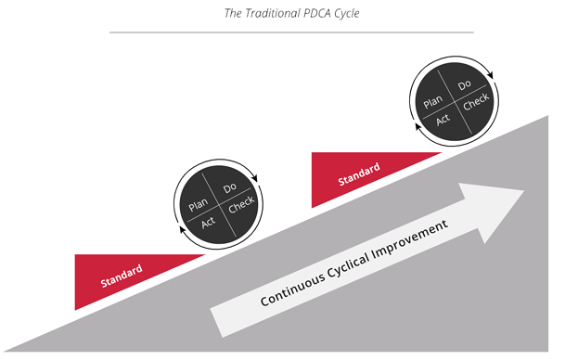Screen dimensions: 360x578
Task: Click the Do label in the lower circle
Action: click(x=230, y=188)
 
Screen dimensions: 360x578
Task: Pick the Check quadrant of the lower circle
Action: click(x=240, y=206)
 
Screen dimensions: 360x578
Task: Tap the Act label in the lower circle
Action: click(x=208, y=224)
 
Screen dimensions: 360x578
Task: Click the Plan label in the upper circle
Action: click(x=432, y=104)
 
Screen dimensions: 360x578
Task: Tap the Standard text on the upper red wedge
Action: click(x=359, y=172)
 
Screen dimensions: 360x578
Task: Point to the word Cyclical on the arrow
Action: click(x=362, y=262)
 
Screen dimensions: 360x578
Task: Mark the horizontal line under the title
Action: click(x=290, y=32)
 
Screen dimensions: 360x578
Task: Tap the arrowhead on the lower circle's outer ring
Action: click(x=260, y=182)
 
